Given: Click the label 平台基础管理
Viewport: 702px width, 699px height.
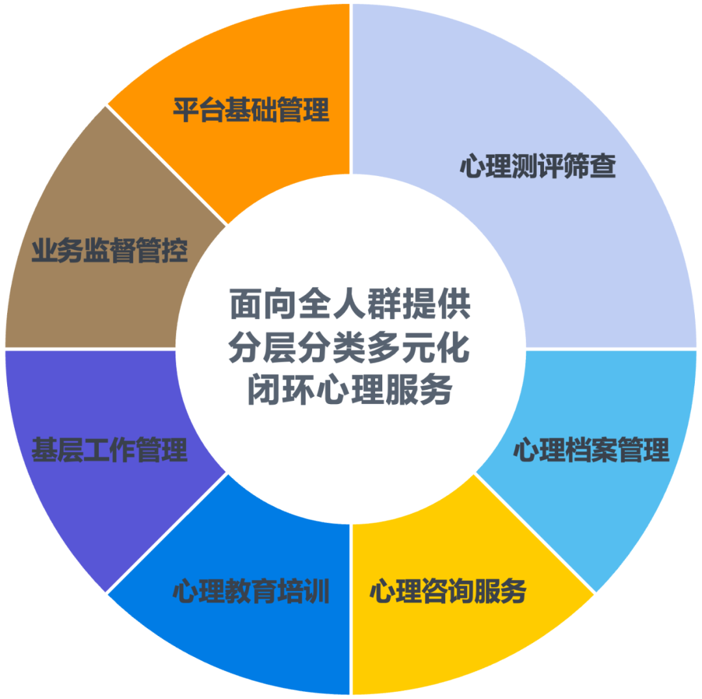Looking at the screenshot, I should (x=251, y=110).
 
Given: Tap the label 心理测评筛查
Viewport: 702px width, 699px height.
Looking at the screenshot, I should (x=538, y=166).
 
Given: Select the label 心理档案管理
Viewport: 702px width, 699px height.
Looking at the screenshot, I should (x=591, y=450).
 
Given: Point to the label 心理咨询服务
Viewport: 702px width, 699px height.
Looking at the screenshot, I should (x=448, y=591).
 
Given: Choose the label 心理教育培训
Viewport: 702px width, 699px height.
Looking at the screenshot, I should (x=251, y=591).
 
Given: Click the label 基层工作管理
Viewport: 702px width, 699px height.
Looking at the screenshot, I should (x=109, y=450).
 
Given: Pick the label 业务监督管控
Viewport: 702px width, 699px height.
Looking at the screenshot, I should (x=109, y=251).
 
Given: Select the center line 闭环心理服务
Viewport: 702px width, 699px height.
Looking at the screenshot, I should (x=350, y=392).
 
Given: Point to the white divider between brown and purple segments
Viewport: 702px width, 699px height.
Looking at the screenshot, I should (x=91, y=349).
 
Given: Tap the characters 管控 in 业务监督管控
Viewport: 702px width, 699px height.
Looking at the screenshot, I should (x=162, y=251).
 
